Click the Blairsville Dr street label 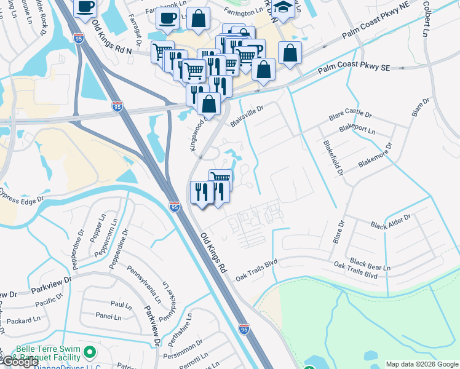tap(247, 116)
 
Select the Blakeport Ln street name tap(357, 130)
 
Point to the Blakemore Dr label tap(375, 157)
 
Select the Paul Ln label tap(121, 304)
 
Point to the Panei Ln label tap(109, 316)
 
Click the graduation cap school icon tap(283, 9)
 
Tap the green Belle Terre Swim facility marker tap(90, 352)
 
